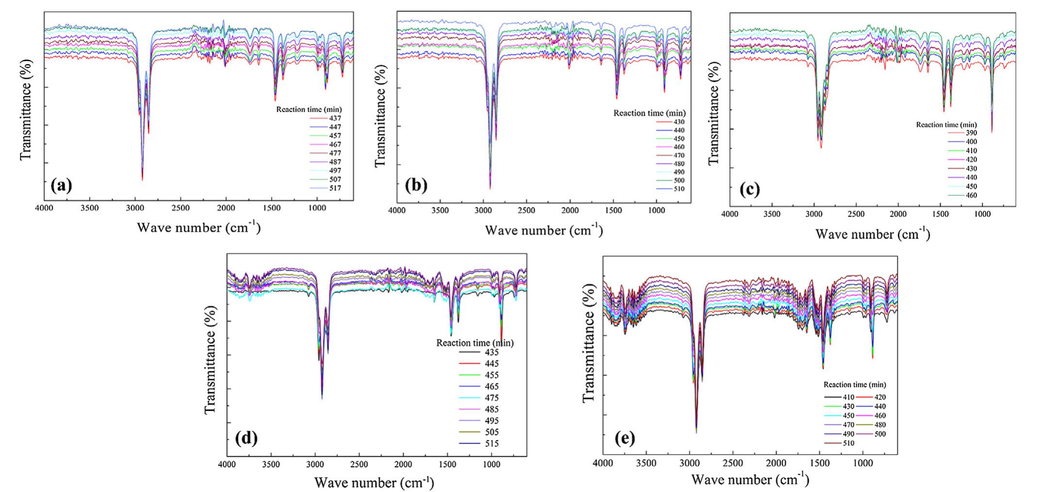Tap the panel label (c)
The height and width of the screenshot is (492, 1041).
(749, 190)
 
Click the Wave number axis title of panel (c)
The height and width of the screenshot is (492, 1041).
(872, 235)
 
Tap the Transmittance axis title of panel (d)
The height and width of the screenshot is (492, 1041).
(210, 359)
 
